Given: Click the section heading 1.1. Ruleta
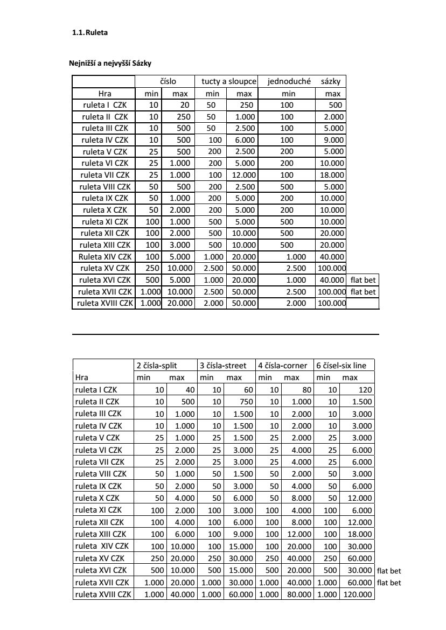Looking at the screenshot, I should click(x=89, y=33).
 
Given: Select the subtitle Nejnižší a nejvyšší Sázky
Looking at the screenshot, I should click(x=110, y=64).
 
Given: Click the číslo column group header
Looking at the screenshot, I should click(x=169, y=81).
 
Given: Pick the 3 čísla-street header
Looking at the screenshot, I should click(x=223, y=366).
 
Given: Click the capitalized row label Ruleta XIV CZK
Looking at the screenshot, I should click(x=104, y=256).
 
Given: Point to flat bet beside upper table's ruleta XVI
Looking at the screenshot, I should click(x=363, y=280).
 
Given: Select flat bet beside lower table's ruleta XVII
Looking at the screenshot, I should click(x=389, y=583).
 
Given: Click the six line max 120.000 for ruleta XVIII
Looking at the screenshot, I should click(x=358, y=594).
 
